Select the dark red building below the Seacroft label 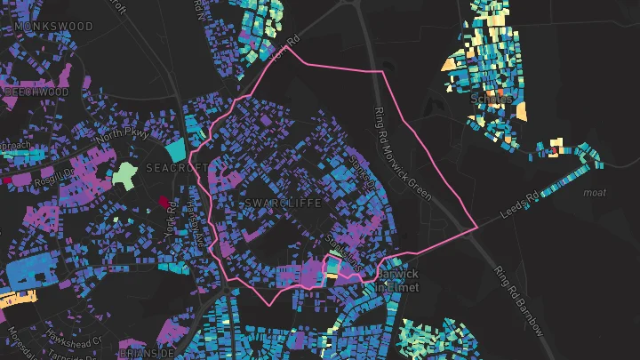(163, 201)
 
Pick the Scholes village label (492, 99)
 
